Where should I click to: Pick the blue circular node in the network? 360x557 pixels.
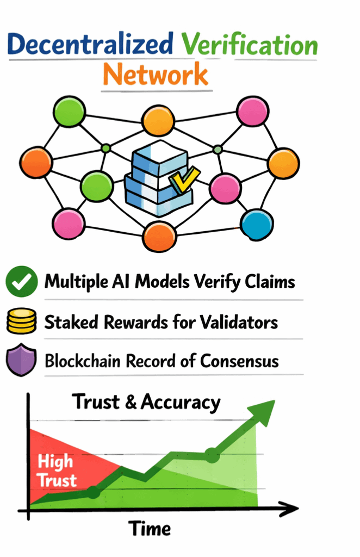pyautogui.click(x=256, y=224)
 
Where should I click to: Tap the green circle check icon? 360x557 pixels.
pyautogui.click(x=21, y=282)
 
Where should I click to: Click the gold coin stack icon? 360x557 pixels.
pyautogui.click(x=21, y=321)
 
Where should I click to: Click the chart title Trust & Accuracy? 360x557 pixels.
pyautogui.click(x=147, y=402)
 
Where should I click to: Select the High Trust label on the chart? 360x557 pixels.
pyautogui.click(x=57, y=471)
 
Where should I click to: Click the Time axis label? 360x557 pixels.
pyautogui.click(x=150, y=528)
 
